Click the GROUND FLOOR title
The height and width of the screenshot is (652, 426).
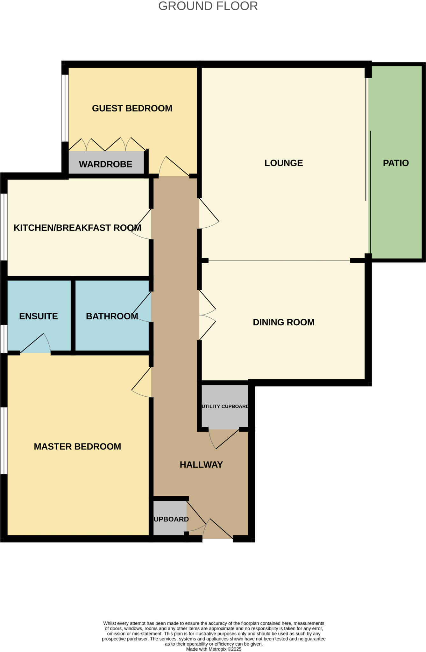[x=208, y=6]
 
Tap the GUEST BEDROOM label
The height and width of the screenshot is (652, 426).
[x=132, y=108]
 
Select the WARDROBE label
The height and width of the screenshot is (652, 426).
[x=105, y=164]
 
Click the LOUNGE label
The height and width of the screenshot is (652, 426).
[x=283, y=163]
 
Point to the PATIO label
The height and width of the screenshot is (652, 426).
[x=395, y=163]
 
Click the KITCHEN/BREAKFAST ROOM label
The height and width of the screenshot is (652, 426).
[x=77, y=228]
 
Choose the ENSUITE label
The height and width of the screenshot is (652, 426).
[x=38, y=316]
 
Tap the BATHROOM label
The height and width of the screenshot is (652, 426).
[x=112, y=316]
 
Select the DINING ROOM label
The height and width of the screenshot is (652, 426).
[x=283, y=322]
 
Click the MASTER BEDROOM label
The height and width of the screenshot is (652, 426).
[x=77, y=446]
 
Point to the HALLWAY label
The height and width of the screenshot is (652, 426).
[x=201, y=464]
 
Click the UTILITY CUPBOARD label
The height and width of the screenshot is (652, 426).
[x=225, y=407]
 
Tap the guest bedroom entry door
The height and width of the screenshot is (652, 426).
[x=174, y=167]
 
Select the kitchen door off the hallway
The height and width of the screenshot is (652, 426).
[x=142, y=224]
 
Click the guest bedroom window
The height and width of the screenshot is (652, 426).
[x=65, y=108]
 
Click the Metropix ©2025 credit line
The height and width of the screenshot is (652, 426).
[x=214, y=649]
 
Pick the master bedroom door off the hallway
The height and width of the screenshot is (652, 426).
[x=142, y=382]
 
